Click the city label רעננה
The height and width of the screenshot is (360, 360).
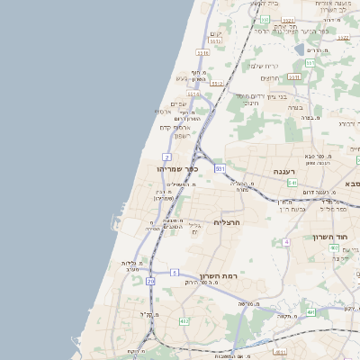tap(292, 171)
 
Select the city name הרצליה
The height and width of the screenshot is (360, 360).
tap(227, 221)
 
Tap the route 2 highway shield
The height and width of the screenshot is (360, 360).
tap(167, 157)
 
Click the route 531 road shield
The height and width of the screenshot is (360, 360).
tap(220, 167)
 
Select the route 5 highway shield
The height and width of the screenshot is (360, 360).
tap(175, 271)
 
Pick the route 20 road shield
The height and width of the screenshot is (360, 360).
tap(150, 282)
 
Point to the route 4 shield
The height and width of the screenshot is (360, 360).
tap(286, 242)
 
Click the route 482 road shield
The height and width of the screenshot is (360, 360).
tap(184, 321)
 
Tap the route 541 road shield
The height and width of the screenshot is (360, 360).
tap(292, 183)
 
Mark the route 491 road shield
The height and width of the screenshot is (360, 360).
tap(310, 312)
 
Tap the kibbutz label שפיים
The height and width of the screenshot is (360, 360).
tap(178, 103)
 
